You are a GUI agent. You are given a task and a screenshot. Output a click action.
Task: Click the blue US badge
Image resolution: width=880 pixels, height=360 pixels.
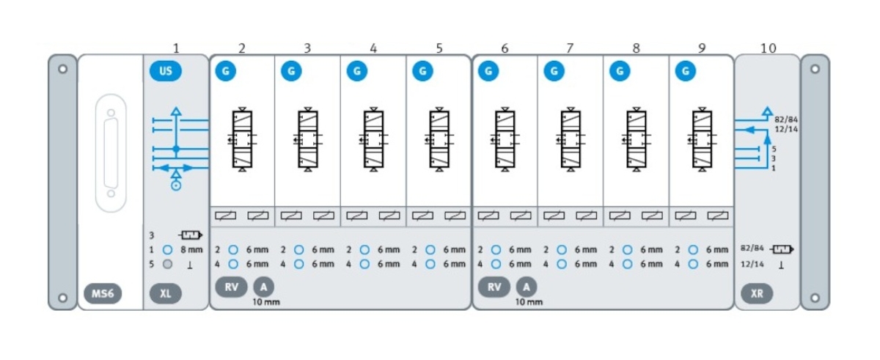coord(166,71)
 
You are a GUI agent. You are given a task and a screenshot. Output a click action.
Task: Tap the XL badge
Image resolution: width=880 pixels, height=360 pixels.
coord(166,294)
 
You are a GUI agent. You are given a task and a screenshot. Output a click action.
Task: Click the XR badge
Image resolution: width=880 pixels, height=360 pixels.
coord(757,294)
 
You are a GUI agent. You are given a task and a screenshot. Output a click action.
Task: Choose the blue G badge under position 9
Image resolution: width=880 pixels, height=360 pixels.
coord(686,71)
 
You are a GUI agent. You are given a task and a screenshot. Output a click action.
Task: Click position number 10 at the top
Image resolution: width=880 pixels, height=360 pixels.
coord(768,48)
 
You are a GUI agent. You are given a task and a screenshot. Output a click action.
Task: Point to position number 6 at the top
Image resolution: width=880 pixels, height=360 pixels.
coord(505,48)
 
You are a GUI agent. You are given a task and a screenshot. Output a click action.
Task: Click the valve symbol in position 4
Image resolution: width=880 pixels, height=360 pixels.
coord(373,139)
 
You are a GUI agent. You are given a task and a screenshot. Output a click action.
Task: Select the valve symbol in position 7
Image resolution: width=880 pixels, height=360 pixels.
coord(570,139)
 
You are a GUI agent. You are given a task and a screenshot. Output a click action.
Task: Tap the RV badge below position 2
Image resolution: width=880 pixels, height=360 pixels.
coord(231,287)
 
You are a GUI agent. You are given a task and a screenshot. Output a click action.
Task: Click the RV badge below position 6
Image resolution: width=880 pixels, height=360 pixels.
coord(494,287)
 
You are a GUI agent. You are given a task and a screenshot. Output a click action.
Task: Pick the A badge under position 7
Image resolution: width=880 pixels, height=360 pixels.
coord(526,287)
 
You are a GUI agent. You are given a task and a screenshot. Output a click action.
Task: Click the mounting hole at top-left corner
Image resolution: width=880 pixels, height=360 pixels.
coord(63,69)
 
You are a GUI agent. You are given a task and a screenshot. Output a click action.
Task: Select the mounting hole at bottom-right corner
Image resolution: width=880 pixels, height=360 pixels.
coord(814,297)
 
